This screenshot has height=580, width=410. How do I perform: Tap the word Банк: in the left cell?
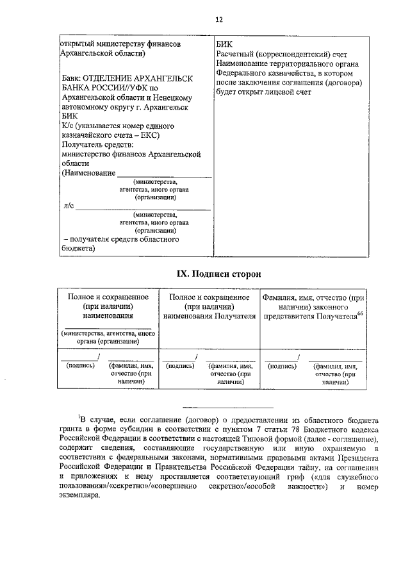click(x=72, y=78)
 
